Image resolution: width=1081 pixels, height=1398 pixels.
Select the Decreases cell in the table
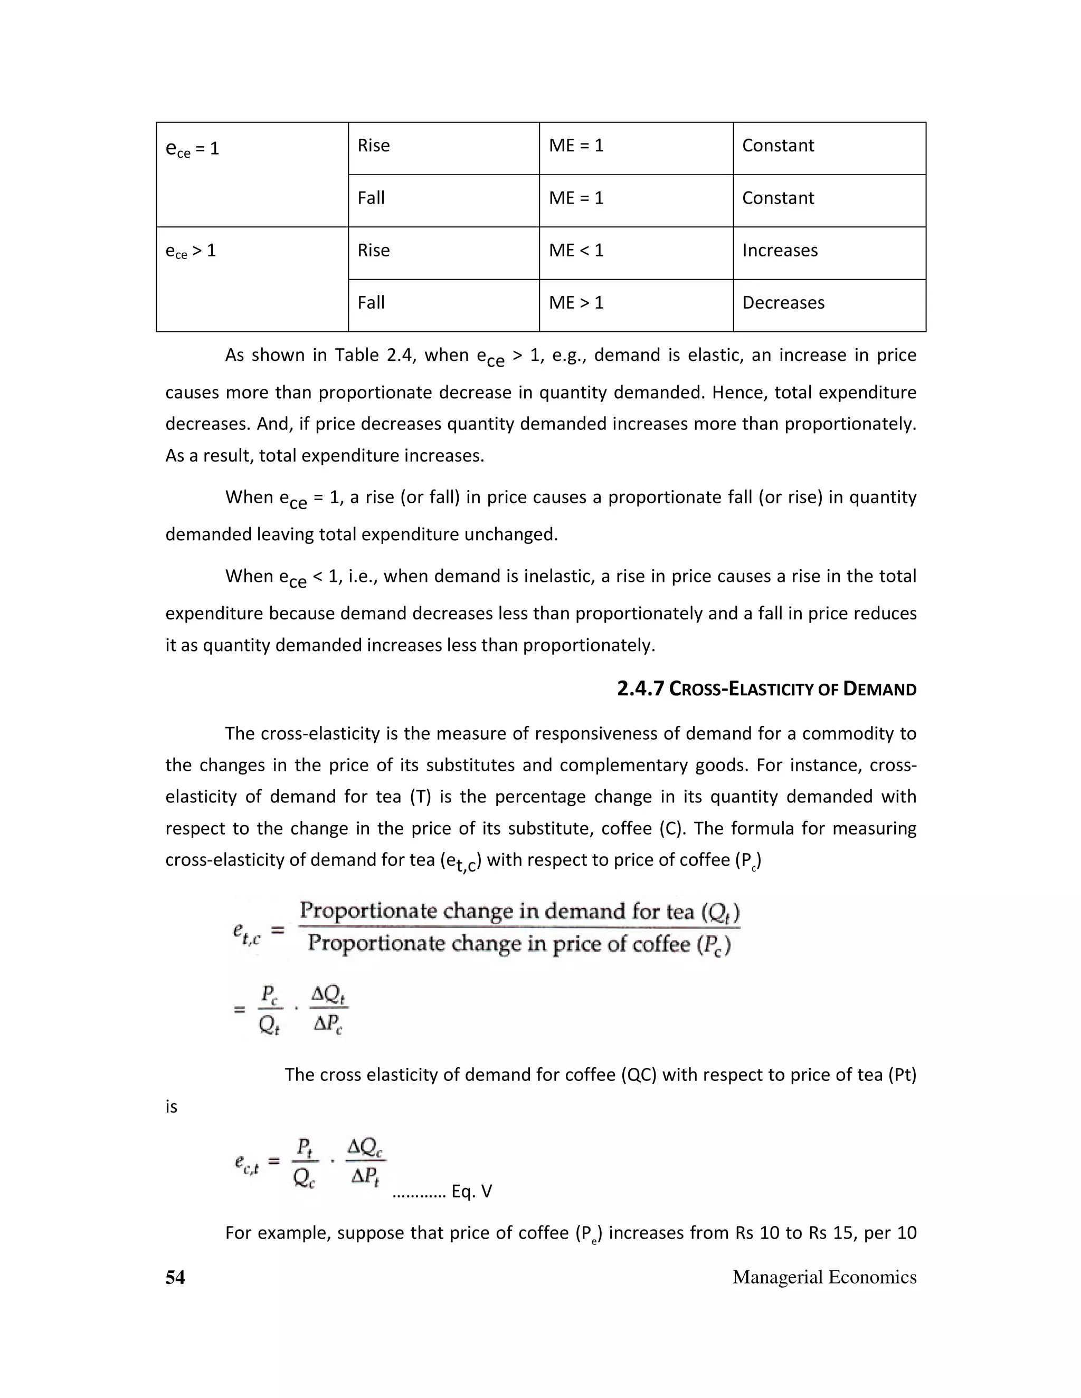click(783, 303)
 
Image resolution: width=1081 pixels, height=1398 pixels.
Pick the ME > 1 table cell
click(576, 303)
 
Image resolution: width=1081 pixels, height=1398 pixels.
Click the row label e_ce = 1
click(192, 149)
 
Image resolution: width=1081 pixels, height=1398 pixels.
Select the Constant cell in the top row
click(777, 146)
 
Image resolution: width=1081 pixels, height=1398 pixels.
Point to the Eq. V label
click(471, 1191)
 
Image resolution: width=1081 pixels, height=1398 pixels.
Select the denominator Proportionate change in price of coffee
click(519, 944)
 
